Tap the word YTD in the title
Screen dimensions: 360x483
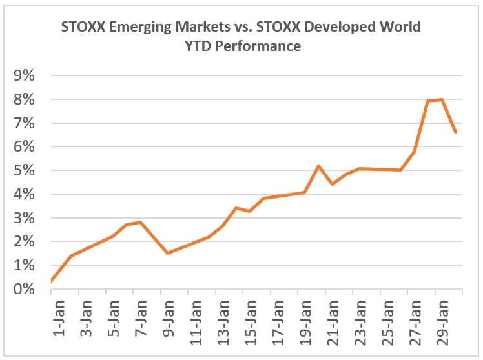195,46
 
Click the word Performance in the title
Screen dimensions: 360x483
260,46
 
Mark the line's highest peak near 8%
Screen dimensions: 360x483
442,99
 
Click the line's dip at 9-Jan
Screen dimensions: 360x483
167,253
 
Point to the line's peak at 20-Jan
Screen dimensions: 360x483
318,166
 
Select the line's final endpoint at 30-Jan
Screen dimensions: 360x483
456,132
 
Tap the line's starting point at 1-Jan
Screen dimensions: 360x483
52,281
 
